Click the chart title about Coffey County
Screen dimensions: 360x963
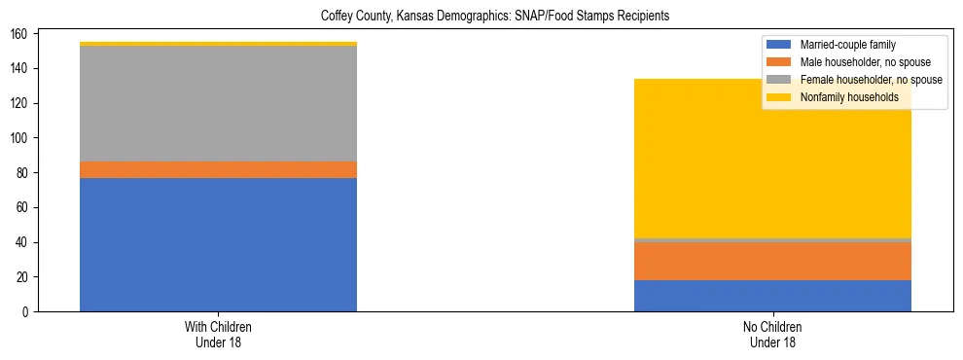(x=495, y=17)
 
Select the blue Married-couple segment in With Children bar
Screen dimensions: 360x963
(x=218, y=244)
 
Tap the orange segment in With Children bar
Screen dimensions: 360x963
(x=218, y=169)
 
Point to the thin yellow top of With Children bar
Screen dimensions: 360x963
(x=218, y=44)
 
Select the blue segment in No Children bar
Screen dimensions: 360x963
(x=772, y=296)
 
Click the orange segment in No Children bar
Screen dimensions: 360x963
(x=772, y=261)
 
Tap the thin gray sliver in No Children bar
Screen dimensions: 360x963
(x=772, y=239)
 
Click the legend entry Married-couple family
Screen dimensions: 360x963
(x=847, y=45)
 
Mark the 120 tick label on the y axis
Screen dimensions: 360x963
(x=20, y=103)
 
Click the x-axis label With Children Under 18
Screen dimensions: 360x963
(x=218, y=334)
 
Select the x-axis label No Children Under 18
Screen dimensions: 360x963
(x=772, y=334)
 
